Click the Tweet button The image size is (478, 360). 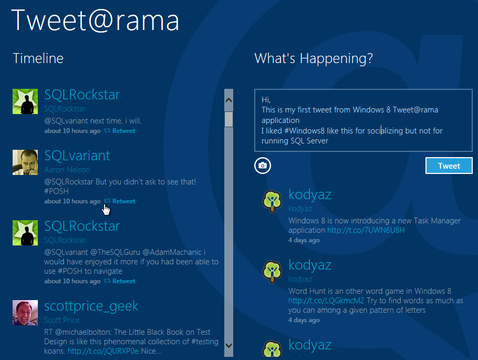[449, 166]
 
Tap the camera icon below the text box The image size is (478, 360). [263, 166]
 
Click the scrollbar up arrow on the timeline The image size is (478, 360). [228, 98]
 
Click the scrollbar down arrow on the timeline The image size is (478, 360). [228, 345]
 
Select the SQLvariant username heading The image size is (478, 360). [77, 156]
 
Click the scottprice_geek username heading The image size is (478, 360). [91, 306]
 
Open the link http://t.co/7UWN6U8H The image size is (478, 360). [366, 230]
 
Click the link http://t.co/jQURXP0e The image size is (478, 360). [103, 351]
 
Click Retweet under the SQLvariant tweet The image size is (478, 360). [123, 201]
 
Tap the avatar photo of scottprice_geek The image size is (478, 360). [25, 313]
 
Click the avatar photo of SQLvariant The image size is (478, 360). [25, 162]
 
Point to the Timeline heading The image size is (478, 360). [38, 58]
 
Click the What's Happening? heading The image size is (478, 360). [314, 58]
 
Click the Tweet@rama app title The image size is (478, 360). [95, 20]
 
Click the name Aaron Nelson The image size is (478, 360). [67, 170]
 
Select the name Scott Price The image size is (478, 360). [62, 320]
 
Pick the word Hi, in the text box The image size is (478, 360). [266, 99]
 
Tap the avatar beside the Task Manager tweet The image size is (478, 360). [273, 201]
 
